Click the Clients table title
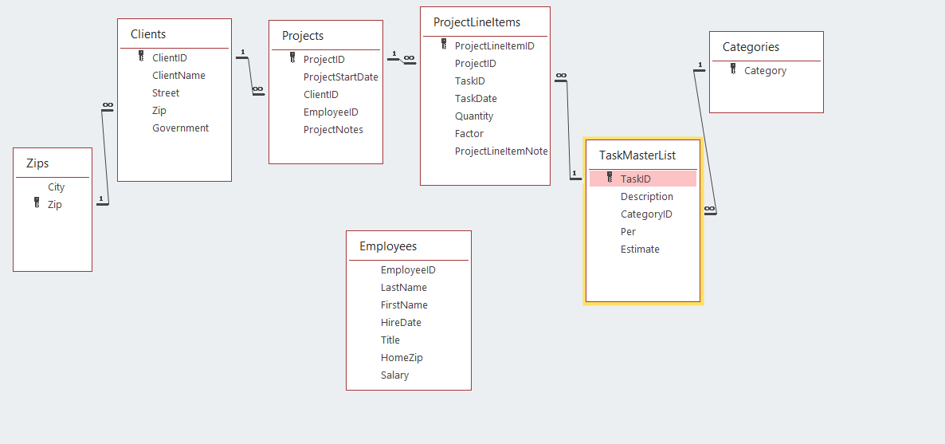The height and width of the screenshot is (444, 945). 148,34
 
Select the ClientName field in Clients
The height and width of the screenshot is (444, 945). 178,76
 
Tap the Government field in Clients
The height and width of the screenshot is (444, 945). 180,128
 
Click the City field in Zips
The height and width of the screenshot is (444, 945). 56,187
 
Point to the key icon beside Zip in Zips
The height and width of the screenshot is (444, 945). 37,204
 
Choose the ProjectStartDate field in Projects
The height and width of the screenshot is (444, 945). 340,77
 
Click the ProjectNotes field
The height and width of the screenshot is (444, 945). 333,130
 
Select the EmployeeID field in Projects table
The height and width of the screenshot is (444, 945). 331,112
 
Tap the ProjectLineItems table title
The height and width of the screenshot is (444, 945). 476,22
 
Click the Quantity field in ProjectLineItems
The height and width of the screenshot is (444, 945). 474,116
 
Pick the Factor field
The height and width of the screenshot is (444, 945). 469,134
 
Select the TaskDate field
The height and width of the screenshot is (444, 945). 476,99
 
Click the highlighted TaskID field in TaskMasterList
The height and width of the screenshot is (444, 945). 635,179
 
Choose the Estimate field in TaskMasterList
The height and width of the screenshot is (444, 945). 640,250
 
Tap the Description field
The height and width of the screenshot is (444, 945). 646,197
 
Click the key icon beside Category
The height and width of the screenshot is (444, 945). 733,70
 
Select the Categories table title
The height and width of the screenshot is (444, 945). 751,47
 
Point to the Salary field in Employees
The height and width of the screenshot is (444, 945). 394,375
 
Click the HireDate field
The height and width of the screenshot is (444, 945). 401,323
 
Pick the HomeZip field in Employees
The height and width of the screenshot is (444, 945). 402,358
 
